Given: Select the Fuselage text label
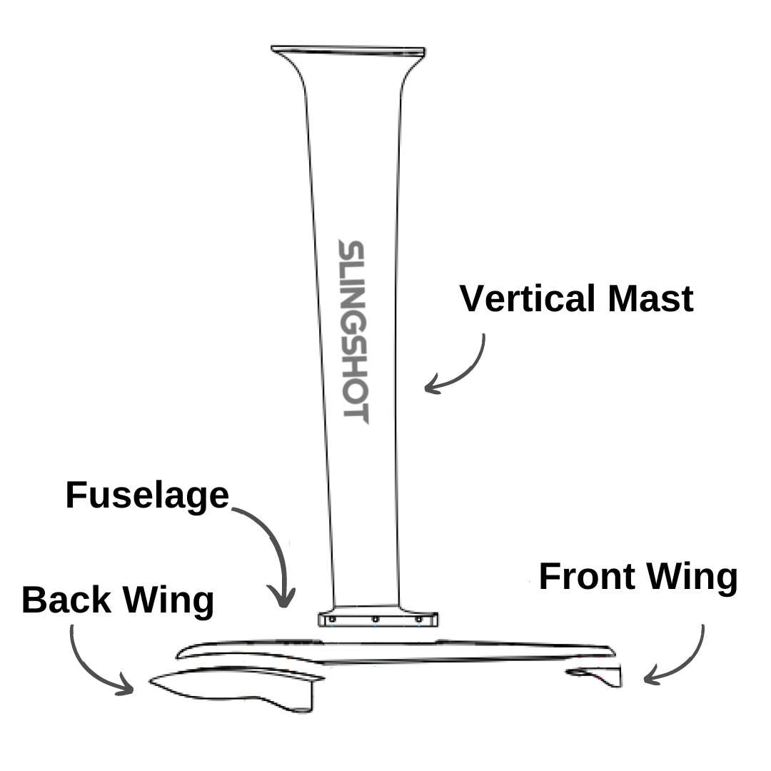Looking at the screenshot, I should point(147,495).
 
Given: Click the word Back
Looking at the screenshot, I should point(67,600).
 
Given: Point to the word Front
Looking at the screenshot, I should point(587,577).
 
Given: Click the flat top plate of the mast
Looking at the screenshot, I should point(348,51).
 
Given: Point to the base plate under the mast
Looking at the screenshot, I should point(378,620).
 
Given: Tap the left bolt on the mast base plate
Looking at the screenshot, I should point(333,619).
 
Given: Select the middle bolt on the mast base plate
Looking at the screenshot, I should point(376,620).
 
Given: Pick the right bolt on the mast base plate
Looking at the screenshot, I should point(419,619).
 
